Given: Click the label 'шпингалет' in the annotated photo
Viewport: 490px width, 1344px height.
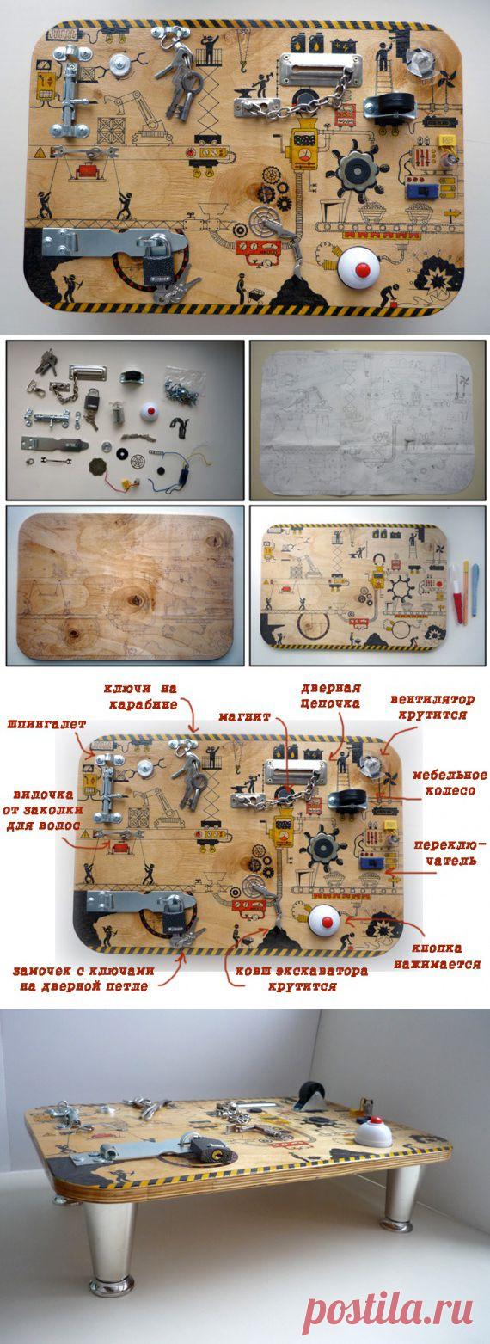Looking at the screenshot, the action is click(x=46, y=724).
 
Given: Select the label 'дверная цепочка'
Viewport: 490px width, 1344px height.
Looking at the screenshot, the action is click(x=331, y=695).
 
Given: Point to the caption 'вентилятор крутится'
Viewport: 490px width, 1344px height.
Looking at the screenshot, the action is click(x=432, y=707).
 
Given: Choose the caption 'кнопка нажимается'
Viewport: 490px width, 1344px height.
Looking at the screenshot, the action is click(x=445, y=956).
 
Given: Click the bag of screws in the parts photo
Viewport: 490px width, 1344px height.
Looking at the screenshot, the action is click(x=183, y=380).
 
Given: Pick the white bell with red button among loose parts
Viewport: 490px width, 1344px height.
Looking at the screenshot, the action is click(x=151, y=413).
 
